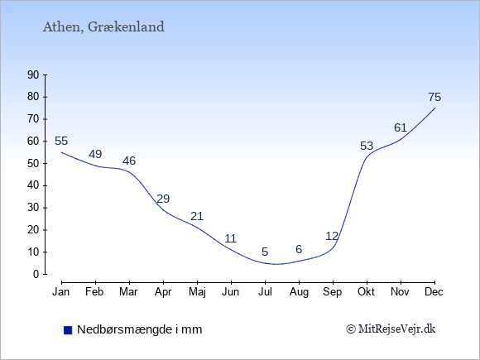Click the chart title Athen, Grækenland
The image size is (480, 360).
(x=103, y=27)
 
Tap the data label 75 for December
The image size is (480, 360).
(x=434, y=97)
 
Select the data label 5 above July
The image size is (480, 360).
(x=265, y=252)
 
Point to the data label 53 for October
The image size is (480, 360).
(x=367, y=146)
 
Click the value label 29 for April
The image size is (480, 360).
(x=163, y=199)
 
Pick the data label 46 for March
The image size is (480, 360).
(x=129, y=161)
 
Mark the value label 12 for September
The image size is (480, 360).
(x=332, y=236)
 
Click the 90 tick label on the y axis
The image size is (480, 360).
(x=33, y=74)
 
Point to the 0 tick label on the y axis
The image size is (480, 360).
(x=36, y=274)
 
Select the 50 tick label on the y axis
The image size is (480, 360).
(x=33, y=163)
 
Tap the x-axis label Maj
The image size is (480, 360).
(x=197, y=292)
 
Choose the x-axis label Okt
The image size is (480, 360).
(x=366, y=292)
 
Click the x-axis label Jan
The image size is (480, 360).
(x=61, y=292)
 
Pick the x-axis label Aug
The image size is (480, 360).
(x=299, y=292)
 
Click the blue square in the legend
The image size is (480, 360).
(x=68, y=330)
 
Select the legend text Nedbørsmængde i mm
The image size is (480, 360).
(x=140, y=329)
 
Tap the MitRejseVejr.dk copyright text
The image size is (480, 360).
(x=391, y=329)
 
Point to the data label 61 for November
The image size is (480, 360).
(x=401, y=127)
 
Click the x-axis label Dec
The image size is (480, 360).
(x=434, y=292)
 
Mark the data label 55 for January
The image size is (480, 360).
(x=61, y=142)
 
